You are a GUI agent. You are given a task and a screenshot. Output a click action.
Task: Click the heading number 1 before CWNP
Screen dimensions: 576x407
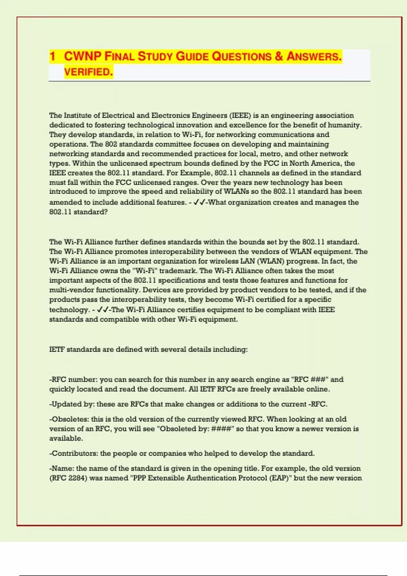[x=52, y=56]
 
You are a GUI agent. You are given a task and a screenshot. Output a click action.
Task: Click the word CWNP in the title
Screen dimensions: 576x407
[x=83, y=56]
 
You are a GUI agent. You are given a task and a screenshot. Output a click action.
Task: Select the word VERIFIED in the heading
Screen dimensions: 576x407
[x=88, y=72]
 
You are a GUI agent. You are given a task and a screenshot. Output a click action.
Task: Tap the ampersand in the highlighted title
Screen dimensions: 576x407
[x=279, y=56]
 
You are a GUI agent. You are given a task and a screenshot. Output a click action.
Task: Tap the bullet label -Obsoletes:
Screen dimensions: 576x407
[x=69, y=419]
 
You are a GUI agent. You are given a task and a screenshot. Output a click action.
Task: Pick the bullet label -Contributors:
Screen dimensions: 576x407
[x=74, y=453]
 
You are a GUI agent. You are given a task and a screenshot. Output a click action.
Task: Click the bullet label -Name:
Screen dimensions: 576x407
[x=62, y=469]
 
